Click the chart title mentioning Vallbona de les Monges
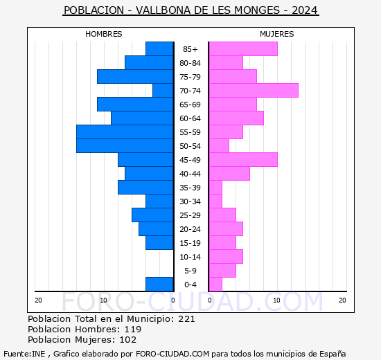point(190,10)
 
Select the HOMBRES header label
point(104,34)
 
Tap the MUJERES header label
point(276,34)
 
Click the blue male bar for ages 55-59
point(125,132)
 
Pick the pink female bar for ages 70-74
point(254,90)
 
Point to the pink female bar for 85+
point(243,48)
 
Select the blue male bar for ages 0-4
point(159,284)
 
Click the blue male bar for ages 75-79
point(135,76)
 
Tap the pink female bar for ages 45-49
point(243,159)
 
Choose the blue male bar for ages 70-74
point(163,90)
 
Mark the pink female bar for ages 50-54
point(219,145)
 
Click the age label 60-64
point(190,118)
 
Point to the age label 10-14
point(190,257)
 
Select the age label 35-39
point(190,188)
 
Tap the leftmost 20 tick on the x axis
point(38,300)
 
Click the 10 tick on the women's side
point(276,300)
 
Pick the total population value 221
point(186,319)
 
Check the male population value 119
point(152,330)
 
